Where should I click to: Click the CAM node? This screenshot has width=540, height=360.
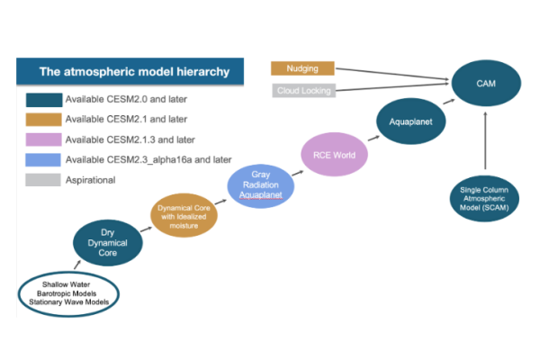click(485, 82)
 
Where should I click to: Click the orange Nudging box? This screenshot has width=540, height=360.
click(302, 68)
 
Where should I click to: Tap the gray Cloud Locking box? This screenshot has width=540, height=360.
click(302, 90)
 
